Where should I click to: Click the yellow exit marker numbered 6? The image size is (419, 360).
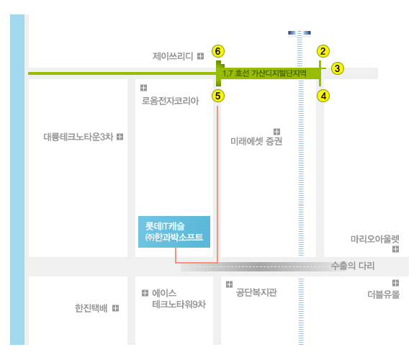(218, 51)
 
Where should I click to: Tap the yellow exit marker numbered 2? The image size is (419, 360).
(323, 51)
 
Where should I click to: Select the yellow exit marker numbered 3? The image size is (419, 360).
(338, 68)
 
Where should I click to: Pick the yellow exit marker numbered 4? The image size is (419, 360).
(323, 96)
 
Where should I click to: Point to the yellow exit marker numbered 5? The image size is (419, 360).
(218, 96)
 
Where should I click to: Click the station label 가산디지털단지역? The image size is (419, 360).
(279, 73)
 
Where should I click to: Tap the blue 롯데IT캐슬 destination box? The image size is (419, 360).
(174, 232)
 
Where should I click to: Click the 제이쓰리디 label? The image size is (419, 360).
(173, 56)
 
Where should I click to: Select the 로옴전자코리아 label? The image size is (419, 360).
(170, 101)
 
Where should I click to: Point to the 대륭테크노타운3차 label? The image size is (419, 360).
(78, 137)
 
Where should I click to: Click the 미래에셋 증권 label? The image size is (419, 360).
(256, 141)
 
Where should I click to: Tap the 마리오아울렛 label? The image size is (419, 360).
(375, 238)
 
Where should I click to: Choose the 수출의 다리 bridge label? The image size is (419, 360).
(353, 266)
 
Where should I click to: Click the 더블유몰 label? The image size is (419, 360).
(384, 294)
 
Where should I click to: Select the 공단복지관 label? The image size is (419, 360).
(256, 292)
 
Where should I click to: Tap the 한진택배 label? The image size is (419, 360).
(91, 308)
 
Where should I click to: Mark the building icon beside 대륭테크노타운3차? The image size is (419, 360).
(120, 137)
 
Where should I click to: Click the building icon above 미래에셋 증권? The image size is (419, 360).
(277, 132)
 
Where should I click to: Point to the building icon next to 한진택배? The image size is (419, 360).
(115, 308)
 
